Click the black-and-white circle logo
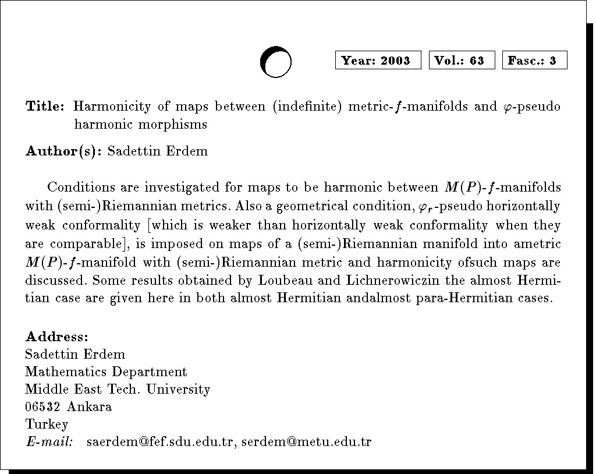coord(275,62)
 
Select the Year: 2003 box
coord(378,61)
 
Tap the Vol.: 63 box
coord(462,61)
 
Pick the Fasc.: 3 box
coord(534,61)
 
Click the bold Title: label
coord(45,107)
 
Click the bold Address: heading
coord(57,337)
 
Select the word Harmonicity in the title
coord(109,107)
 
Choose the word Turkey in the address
coord(47,424)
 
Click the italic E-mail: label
coord(49,441)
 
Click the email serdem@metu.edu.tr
coord(307,441)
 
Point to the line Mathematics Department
coord(106,372)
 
